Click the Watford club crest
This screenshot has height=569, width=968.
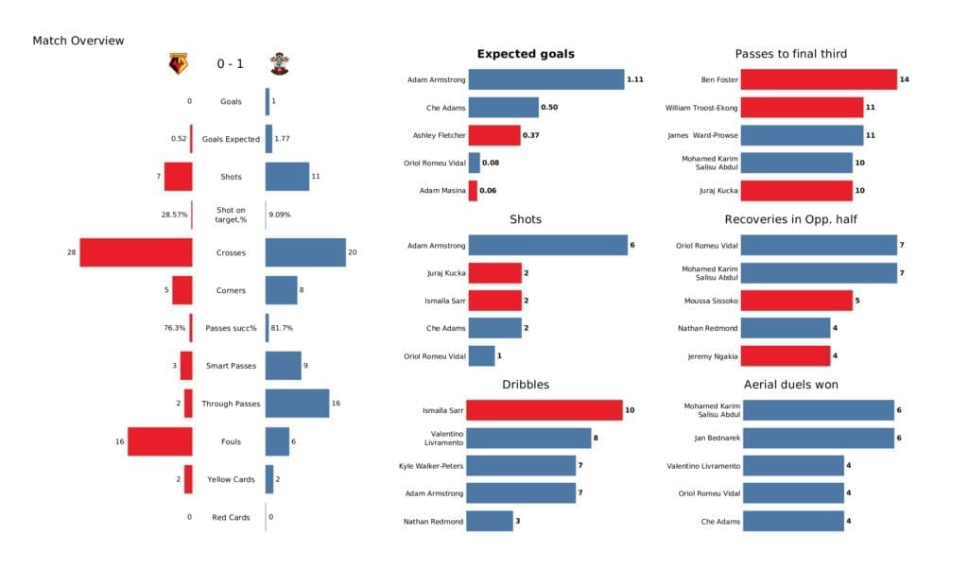(178, 64)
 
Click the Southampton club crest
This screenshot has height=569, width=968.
(280, 64)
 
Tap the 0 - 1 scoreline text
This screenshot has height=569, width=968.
(230, 64)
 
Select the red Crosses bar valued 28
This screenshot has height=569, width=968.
(136, 252)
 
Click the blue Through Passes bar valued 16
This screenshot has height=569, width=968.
(297, 404)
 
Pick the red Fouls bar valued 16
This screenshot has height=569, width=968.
(160, 441)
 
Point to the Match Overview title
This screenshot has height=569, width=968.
(78, 41)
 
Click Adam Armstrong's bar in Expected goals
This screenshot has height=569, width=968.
(545, 80)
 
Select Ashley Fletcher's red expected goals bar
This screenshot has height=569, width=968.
(493, 135)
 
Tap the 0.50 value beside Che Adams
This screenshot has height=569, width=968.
(549, 108)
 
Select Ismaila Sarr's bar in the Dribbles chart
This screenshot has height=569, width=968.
(545, 410)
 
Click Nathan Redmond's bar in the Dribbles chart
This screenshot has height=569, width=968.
(491, 521)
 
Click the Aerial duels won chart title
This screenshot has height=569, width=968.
(790, 384)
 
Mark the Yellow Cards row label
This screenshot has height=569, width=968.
(230, 479)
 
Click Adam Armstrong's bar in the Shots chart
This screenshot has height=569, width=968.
(547, 246)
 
